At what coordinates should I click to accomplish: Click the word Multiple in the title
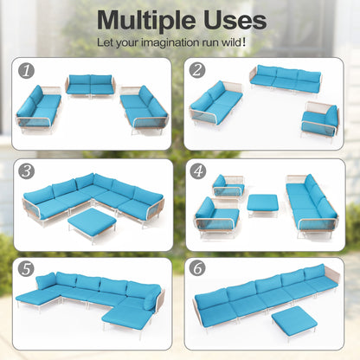point(147,21)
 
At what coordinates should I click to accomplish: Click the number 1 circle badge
point(26,71)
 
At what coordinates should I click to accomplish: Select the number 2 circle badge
point(197,70)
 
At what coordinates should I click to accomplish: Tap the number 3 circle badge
point(26,171)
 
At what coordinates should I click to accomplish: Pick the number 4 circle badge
point(198,171)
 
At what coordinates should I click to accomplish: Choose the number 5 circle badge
point(26,269)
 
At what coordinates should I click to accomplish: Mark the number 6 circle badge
point(198,268)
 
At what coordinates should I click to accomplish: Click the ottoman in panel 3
point(93,223)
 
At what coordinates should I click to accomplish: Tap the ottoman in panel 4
point(262,204)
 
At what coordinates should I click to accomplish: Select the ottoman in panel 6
point(294,321)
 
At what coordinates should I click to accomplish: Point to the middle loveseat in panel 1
point(90,85)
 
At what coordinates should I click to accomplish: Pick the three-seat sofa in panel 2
point(286,79)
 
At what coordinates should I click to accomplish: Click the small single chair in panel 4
point(228,186)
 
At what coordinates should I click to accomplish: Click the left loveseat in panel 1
point(39,109)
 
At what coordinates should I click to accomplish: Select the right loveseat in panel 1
point(144,110)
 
